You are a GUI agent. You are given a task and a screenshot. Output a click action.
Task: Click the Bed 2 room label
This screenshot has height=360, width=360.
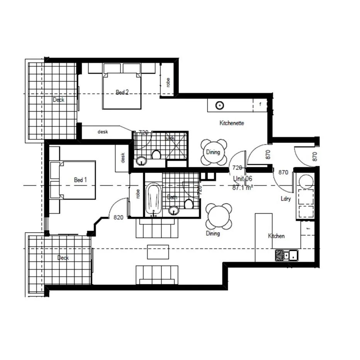pyautogui.click(x=122, y=92)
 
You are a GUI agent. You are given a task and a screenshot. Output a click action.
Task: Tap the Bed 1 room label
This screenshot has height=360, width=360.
pyautogui.click(x=80, y=180)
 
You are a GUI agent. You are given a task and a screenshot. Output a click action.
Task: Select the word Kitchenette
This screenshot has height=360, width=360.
pyautogui.click(x=232, y=123)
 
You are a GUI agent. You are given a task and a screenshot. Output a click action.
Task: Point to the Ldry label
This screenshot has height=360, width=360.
pyautogui.click(x=286, y=199)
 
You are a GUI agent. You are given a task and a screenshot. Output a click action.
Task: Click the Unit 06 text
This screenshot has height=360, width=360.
pyautogui.click(x=243, y=179)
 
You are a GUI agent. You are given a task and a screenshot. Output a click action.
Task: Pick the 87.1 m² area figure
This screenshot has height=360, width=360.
pyautogui.click(x=243, y=187)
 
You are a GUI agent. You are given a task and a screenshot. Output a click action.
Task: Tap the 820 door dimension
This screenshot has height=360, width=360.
pyautogui.click(x=118, y=217)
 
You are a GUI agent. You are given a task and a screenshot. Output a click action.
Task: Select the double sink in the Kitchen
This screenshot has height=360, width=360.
pyautogui.click(x=286, y=255)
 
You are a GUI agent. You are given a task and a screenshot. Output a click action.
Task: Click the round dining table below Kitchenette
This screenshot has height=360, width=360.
pyautogui.click(x=213, y=152)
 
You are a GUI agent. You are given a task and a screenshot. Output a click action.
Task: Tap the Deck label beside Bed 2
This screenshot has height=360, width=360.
pyautogui.click(x=59, y=100)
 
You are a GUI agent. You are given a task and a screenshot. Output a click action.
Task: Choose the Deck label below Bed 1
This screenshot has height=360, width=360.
pyautogui.click(x=63, y=258)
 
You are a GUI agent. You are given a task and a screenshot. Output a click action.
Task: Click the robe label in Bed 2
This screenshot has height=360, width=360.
pyautogui.click(x=168, y=83)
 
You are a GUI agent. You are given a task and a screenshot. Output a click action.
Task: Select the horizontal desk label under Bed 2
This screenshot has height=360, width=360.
pyautogui.click(x=102, y=132)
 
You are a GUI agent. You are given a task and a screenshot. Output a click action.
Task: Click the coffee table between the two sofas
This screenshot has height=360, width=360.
pyautogui.click(x=158, y=251)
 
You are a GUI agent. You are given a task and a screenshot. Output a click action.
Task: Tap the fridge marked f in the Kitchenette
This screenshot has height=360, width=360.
pyautogui.click(x=260, y=104)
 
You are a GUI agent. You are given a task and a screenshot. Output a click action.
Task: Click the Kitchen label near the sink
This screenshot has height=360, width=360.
pyautogui.click(x=277, y=236)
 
